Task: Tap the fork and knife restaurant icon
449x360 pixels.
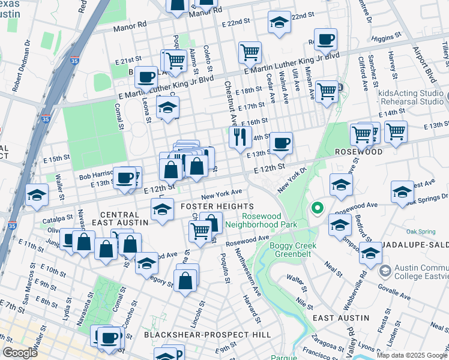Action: click(240, 137)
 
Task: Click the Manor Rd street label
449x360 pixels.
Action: click(133, 25)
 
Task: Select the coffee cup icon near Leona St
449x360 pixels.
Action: click(146, 77)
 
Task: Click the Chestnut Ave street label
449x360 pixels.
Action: click(228, 104)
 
